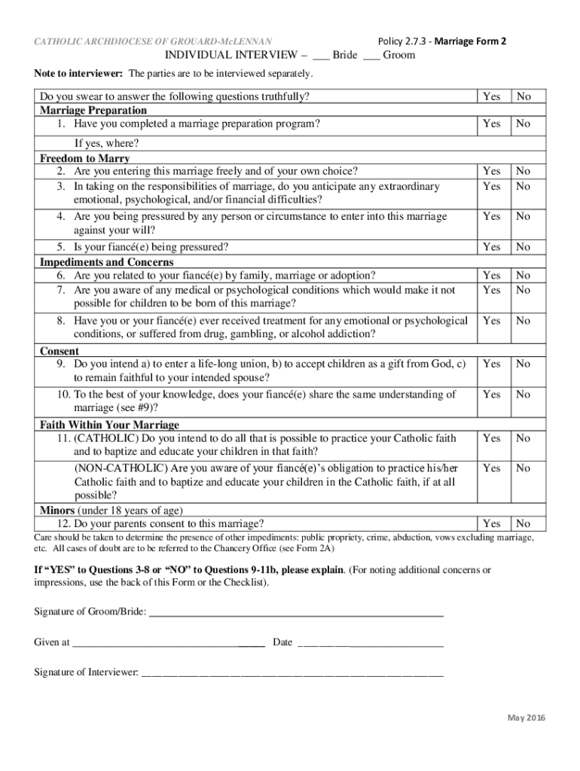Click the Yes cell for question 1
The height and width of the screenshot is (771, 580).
(492, 123)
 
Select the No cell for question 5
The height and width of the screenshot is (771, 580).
(524, 247)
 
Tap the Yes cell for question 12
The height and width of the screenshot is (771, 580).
(492, 523)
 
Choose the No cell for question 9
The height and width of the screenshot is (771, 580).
(524, 364)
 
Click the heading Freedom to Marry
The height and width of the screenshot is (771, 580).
(84, 158)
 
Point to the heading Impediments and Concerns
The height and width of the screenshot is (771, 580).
(106, 262)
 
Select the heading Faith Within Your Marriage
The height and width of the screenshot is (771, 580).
(109, 425)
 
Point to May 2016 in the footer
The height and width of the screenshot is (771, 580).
(525, 717)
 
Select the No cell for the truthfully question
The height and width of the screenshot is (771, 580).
(524, 96)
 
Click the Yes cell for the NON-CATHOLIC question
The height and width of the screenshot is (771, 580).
(492, 468)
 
